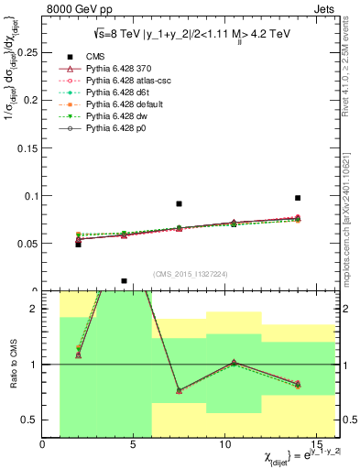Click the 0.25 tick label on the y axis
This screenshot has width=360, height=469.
26,52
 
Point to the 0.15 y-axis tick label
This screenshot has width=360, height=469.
26,147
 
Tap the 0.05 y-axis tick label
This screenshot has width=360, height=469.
26,244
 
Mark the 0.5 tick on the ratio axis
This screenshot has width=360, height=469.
32,420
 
